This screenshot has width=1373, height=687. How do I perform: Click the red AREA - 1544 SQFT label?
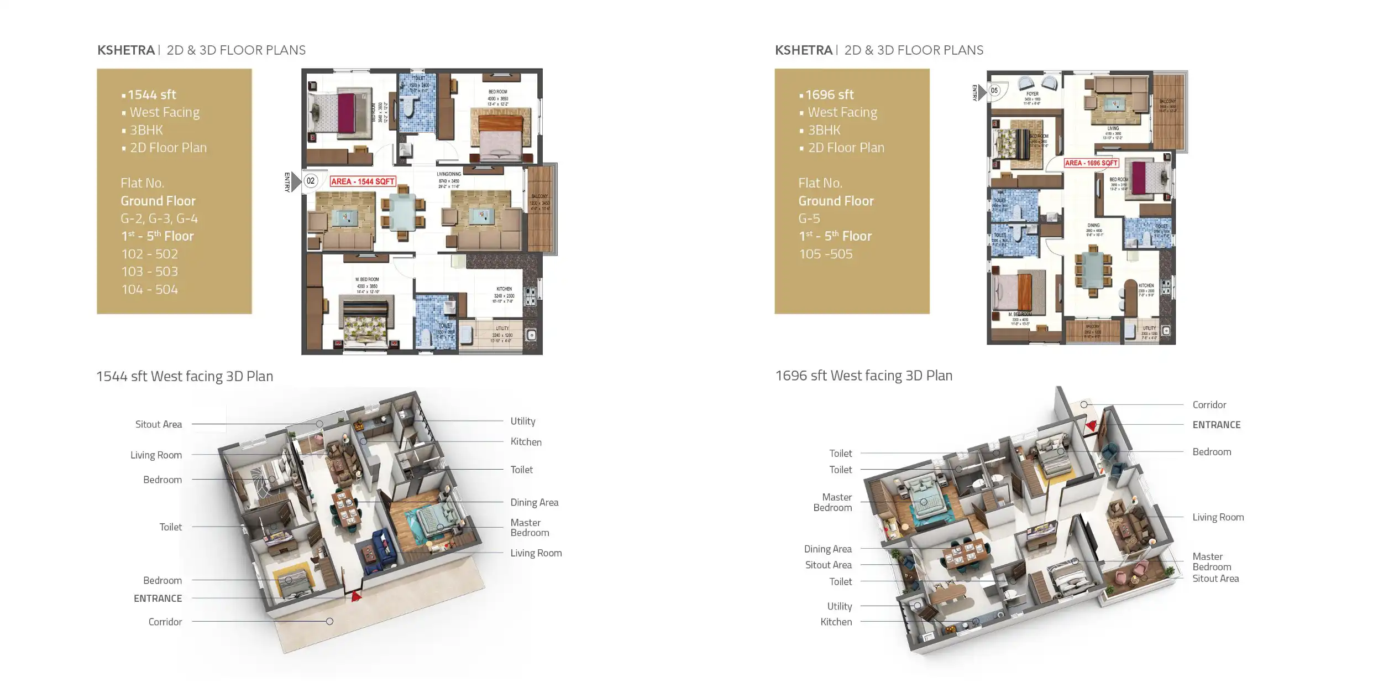tap(363, 181)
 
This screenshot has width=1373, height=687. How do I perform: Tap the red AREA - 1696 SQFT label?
tap(1091, 163)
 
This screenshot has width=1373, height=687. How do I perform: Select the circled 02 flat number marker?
tap(311, 181)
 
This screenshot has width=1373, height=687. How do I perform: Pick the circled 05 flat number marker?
tap(994, 90)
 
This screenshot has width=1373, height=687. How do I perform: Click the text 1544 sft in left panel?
tap(151, 95)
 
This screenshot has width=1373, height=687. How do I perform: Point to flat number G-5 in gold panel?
tap(809, 218)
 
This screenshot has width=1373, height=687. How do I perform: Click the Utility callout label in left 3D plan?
tap(522, 421)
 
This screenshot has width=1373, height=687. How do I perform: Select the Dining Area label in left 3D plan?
tap(534, 502)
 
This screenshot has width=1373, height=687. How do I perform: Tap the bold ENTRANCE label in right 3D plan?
tap(1216, 425)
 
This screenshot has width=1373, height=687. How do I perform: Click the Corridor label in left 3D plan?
tap(165, 622)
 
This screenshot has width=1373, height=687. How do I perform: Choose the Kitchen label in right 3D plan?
tap(836, 622)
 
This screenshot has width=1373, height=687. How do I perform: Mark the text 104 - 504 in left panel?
tap(150, 289)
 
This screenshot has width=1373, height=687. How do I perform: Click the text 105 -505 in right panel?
tap(826, 254)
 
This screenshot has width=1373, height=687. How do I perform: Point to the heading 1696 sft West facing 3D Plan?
tap(863, 376)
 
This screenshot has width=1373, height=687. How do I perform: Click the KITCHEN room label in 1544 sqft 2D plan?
tap(504, 289)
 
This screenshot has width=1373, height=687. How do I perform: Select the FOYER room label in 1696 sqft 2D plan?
tap(1032, 94)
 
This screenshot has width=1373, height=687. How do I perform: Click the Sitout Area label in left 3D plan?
tap(159, 424)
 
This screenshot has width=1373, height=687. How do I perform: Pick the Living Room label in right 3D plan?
tap(1218, 517)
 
